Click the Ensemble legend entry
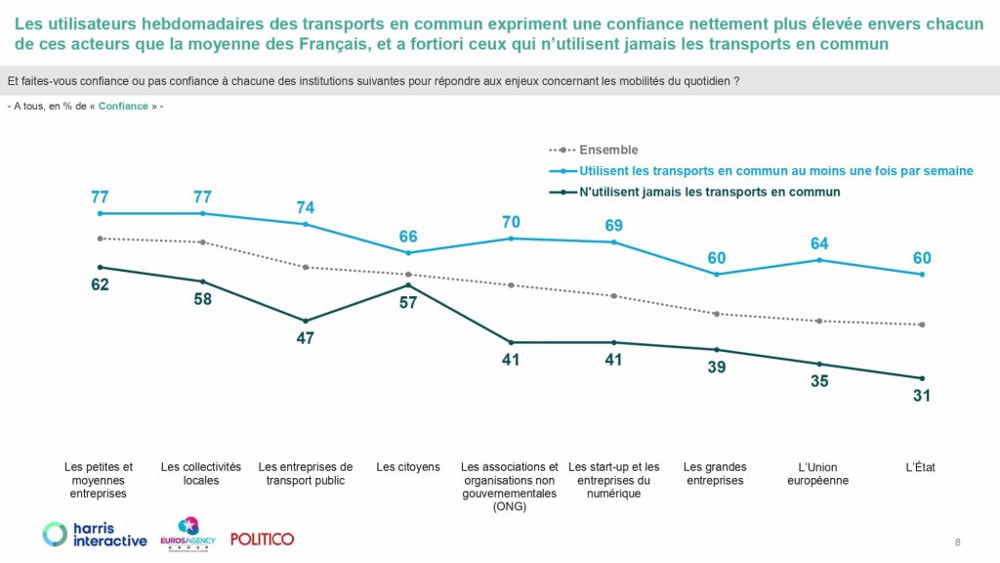pos(608,151)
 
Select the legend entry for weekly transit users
pos(775,171)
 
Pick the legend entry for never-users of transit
pos(709,193)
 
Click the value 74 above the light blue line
pos(307,207)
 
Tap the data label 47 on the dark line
pos(307,338)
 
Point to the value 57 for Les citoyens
pos(408,303)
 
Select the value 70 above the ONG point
pos(511,221)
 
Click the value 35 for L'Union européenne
pos(819,381)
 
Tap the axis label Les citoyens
pos(408,467)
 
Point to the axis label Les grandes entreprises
pos(714,474)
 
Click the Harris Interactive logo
pos(95,535)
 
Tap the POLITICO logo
pos(262,539)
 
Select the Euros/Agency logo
pos(187,535)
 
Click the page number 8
pos(957,542)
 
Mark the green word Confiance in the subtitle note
pos(123,106)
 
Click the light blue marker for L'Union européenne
pos(819,260)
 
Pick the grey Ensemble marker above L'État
pos(922,325)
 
